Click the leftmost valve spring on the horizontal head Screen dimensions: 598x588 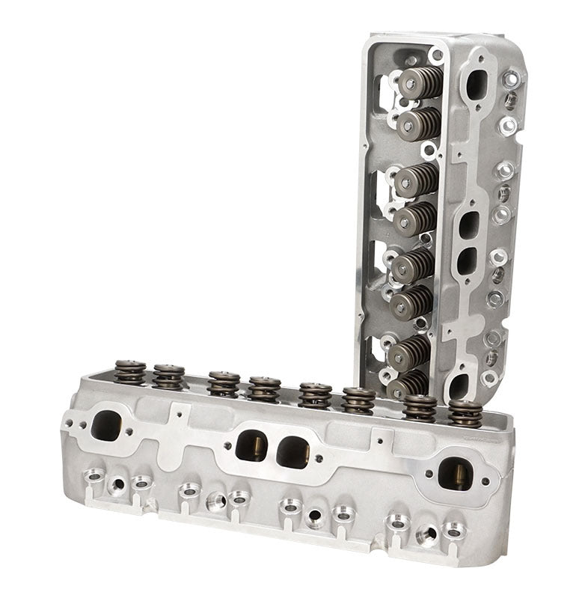coord(129,371)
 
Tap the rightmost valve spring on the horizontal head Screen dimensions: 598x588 coord(465,412)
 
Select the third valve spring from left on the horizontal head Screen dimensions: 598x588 coord(224,382)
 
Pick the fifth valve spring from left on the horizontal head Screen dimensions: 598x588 coord(315,394)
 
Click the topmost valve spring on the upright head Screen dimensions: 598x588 coord(420,82)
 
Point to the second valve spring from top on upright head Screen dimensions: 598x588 coord(418,123)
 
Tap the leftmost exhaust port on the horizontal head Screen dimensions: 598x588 coord(105,425)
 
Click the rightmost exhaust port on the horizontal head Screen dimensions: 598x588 coord(455,474)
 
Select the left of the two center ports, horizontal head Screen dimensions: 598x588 coord(251,445)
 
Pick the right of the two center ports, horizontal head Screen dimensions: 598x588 coord(293,451)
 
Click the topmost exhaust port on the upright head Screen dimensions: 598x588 coord(477,85)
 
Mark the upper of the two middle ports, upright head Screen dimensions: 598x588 coord(470,225)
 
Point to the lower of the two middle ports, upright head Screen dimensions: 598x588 coord(466,260)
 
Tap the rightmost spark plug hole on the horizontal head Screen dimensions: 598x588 coord(427,534)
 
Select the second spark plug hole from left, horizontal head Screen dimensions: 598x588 coord(215,500)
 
